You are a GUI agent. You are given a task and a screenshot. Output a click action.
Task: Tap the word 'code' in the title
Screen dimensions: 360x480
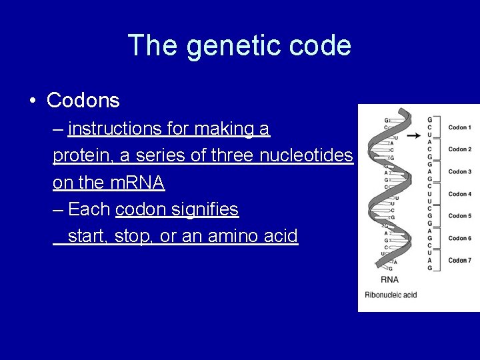tap(323, 46)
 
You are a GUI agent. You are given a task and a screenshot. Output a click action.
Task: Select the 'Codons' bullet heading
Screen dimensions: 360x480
tap(83, 101)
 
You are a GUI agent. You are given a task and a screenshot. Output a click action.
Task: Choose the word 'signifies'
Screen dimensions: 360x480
tap(205, 209)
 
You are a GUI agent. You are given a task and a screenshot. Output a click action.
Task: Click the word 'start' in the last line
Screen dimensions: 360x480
tap(88, 236)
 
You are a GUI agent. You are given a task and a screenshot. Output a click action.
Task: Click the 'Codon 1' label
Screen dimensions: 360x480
tap(459, 127)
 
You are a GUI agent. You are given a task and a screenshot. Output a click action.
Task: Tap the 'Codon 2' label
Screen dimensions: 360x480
tap(459, 149)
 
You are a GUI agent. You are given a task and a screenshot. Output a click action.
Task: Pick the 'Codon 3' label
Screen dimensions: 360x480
tap(459, 171)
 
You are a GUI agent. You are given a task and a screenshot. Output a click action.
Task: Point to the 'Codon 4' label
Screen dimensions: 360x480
tap(459, 194)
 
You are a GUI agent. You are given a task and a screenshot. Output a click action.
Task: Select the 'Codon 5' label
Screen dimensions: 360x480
tap(459, 216)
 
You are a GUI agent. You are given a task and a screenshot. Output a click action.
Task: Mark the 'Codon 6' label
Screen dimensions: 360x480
tap(459, 238)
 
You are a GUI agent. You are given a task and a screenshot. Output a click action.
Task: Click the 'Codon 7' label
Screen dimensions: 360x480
tap(459, 260)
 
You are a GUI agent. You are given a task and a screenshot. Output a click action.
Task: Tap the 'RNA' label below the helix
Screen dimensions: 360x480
tap(389, 280)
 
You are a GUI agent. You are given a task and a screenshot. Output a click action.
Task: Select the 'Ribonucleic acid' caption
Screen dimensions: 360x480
tap(391, 295)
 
